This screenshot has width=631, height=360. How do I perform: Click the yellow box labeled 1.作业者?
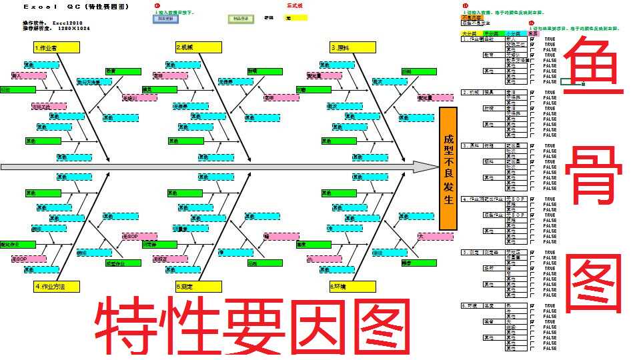(56, 47)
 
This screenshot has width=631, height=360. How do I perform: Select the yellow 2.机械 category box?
(198, 47)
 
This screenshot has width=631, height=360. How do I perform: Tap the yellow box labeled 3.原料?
(352, 47)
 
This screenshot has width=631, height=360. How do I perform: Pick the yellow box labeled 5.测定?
(198, 287)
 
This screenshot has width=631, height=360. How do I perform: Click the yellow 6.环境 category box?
(352, 287)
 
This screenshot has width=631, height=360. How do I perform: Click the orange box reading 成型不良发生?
(448, 168)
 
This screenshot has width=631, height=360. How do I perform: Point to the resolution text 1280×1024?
(74, 29)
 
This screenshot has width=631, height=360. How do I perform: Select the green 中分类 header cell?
(492, 33)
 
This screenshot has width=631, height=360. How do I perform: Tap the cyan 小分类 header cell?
(514, 33)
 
